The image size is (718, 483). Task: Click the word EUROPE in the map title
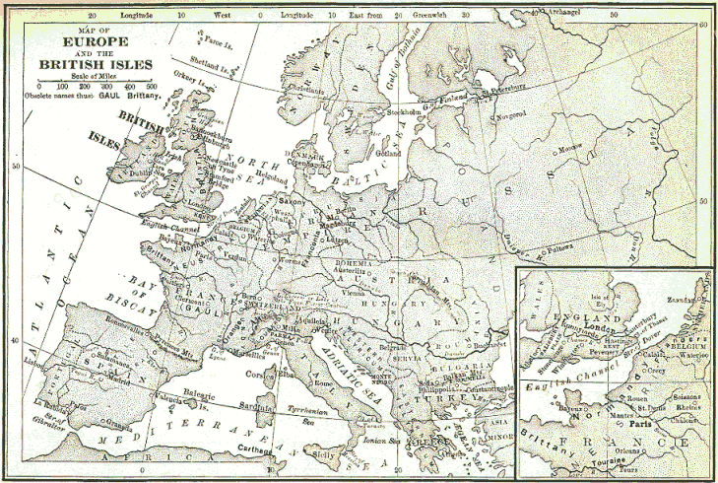(97, 43)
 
